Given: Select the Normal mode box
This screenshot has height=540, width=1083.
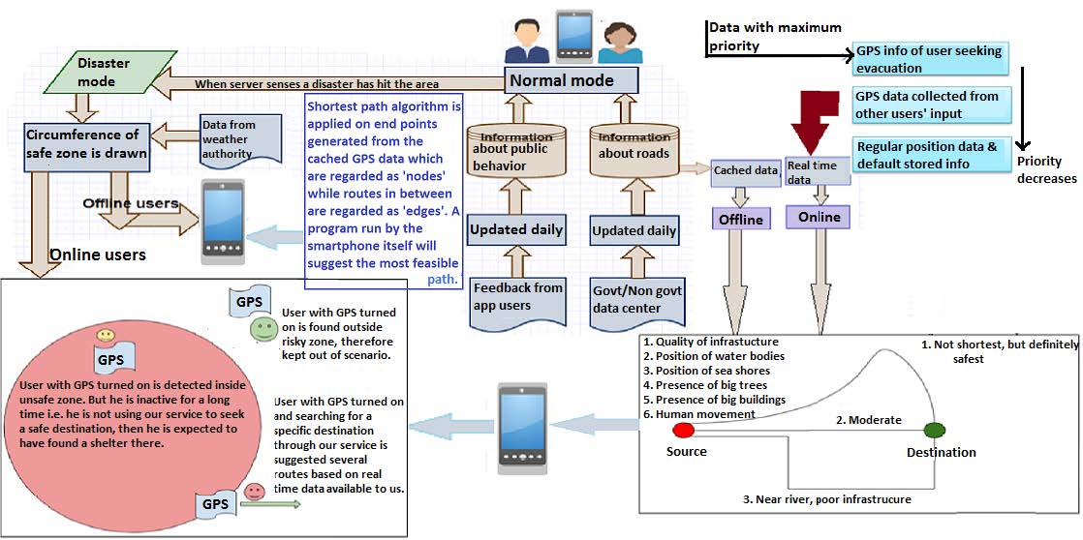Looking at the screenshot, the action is click(571, 80).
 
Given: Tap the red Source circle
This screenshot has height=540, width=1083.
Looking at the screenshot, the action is click(683, 431).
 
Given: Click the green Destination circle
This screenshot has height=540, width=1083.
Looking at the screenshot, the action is click(934, 431).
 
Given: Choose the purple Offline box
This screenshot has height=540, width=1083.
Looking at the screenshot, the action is click(741, 220).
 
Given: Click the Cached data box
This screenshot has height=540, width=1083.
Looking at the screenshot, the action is click(745, 171).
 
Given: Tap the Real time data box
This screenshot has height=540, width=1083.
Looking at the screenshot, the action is click(818, 171).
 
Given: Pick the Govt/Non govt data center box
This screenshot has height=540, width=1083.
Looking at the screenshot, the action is click(636, 301).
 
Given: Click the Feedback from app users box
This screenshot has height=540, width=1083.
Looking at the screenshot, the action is click(516, 299).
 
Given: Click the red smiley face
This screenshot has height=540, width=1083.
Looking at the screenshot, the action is click(254, 492).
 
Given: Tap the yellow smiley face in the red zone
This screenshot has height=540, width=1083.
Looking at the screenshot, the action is click(105, 335).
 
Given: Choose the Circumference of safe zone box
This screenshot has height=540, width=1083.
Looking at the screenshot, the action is click(86, 143).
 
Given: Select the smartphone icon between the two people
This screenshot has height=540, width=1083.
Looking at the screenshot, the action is click(574, 36).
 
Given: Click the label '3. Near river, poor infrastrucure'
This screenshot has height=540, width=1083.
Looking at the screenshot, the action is click(826, 499).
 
